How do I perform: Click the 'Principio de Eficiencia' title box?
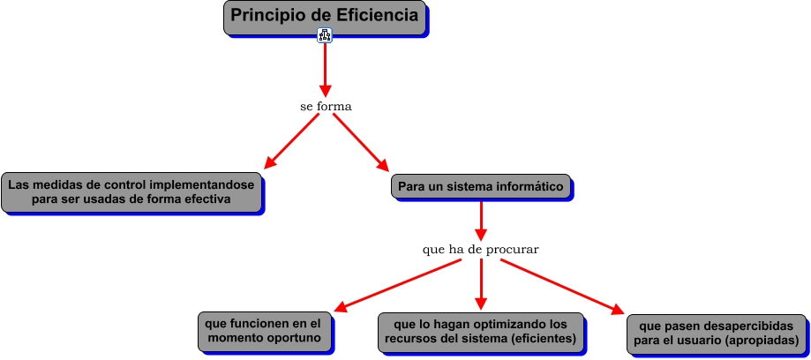[325, 17]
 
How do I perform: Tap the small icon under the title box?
[325, 35]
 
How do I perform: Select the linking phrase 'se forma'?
[326, 107]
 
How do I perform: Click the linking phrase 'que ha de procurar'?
[481, 250]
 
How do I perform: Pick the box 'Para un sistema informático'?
[481, 186]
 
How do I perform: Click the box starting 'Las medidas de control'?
[131, 192]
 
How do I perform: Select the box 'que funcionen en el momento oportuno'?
[265, 331]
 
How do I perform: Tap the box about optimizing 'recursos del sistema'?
[481, 331]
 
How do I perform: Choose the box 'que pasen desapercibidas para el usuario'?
[716, 333]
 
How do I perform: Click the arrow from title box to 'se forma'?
[325, 69]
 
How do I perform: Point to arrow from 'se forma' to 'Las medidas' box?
[292, 140]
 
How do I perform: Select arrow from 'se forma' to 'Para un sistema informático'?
[360, 141]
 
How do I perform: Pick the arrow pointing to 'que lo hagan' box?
[481, 284]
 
